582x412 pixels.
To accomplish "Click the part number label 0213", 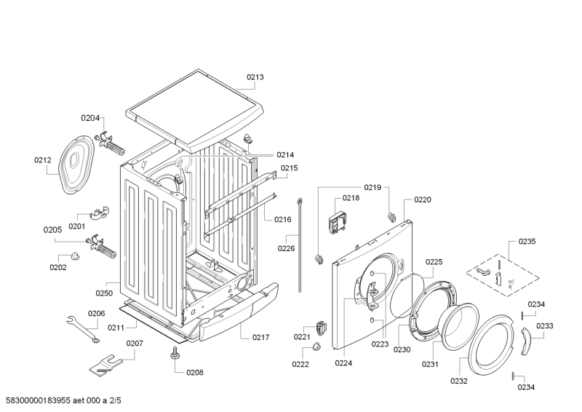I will (255, 76).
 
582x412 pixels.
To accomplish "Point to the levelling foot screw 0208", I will (175, 354).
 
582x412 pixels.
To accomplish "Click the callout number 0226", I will (286, 248).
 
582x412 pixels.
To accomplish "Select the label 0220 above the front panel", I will (423, 199).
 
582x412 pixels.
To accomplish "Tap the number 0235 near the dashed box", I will (527, 241).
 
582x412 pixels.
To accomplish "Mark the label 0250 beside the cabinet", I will (105, 293).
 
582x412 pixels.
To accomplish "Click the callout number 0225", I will (434, 262).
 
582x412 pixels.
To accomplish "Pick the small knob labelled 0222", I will (316, 348).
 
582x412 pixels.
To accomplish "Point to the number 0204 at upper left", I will (89, 118).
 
